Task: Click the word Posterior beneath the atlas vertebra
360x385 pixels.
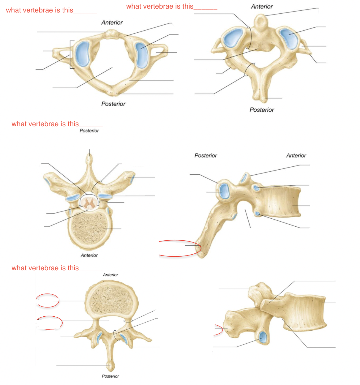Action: pyautogui.click(x=113, y=104)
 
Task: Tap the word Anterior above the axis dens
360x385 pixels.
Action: pyautogui.click(x=262, y=7)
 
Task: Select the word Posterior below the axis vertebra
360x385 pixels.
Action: pyautogui.click(x=262, y=110)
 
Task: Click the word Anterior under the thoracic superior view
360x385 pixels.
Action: pyautogui.click(x=89, y=255)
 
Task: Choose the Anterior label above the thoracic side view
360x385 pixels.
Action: pyautogui.click(x=296, y=155)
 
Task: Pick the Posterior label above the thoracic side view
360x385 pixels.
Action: pyautogui.click(x=206, y=155)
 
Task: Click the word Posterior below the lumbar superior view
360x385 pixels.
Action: pyautogui.click(x=110, y=376)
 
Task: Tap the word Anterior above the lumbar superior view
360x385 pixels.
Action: pyautogui.click(x=110, y=275)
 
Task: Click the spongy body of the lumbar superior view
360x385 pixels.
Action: pyautogui.click(x=110, y=300)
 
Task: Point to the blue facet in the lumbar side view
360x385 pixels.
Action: pyautogui.click(x=263, y=338)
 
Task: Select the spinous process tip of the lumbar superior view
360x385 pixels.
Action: pyautogui.click(x=111, y=367)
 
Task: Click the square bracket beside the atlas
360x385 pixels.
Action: pyautogui.click(x=71, y=55)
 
